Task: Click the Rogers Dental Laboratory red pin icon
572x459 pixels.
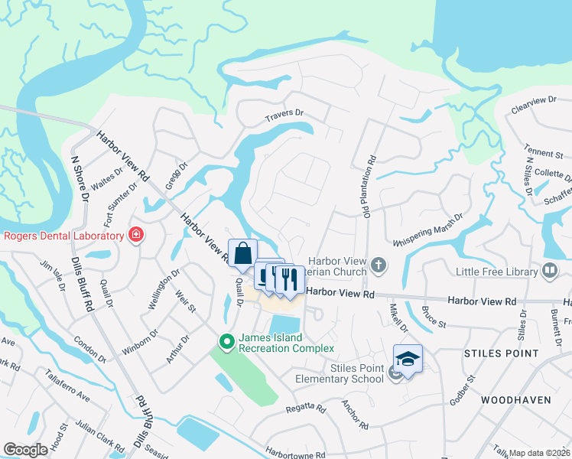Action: (x=136, y=235)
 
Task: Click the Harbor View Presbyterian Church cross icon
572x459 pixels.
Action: (x=378, y=265)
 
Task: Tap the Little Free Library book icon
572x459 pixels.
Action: (x=549, y=270)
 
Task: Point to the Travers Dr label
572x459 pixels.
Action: (x=284, y=119)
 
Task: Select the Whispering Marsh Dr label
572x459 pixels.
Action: (x=428, y=230)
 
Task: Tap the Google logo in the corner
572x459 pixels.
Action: (x=25, y=450)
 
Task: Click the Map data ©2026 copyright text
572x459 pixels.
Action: (x=539, y=453)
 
